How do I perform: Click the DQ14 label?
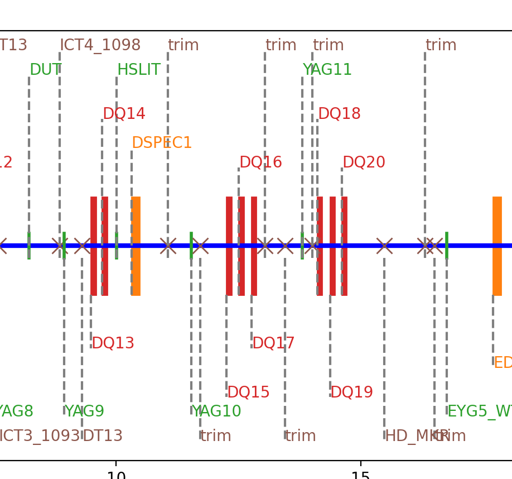coord(124,114)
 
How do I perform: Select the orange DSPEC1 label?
coord(162,143)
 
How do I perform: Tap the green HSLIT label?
coord(139,70)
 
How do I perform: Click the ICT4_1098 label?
coord(100,45)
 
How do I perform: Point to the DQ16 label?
coord(260,162)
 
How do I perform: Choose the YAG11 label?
coord(327,70)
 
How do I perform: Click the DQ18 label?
coord(339,114)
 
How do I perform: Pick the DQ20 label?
coord(364,162)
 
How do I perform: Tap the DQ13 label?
coord(113,343)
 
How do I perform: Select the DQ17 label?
coord(273,343)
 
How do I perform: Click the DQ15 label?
coord(248,392)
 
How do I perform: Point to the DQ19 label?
coord(351,392)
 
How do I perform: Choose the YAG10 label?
coord(216,411)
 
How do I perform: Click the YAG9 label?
coord(84,411)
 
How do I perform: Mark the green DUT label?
coord(46,70)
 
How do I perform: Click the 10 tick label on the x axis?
coord(116,475)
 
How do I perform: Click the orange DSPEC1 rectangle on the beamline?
coord(136,246)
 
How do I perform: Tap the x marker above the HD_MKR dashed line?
coord(384,246)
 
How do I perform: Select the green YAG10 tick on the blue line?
coord(191,246)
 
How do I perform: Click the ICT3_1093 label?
coord(38,436)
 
